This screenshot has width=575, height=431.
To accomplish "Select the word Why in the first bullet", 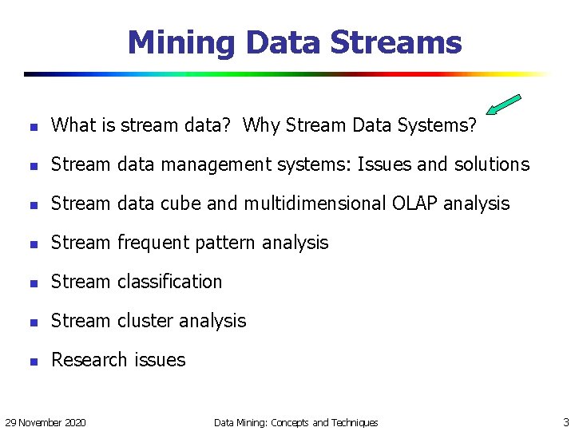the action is (x=261, y=125).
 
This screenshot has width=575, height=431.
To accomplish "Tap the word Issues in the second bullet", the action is (x=383, y=164).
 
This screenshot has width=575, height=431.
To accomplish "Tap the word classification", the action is (x=169, y=282).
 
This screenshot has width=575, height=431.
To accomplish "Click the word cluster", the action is (x=145, y=321).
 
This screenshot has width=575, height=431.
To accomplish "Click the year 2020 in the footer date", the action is (x=74, y=422).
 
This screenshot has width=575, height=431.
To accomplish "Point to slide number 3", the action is (x=565, y=422).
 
